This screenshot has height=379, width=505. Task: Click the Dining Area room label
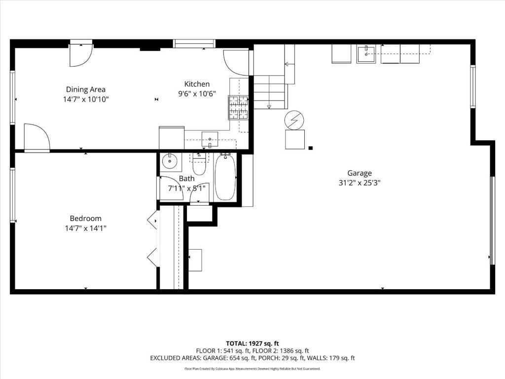(x=86, y=89)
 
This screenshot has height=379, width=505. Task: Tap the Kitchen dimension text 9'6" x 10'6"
(x=197, y=94)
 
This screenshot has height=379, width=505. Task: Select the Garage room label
(x=359, y=173)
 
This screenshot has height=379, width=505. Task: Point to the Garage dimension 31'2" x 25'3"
(x=359, y=182)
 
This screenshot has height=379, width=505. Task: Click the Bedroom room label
(x=85, y=219)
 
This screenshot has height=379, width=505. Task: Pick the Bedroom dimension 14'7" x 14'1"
(x=85, y=228)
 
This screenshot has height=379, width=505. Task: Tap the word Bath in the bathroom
(x=186, y=179)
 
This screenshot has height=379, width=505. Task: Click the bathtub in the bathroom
(x=225, y=177)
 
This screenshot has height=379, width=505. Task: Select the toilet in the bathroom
(x=199, y=163)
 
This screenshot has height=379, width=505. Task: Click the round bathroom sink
(x=170, y=160)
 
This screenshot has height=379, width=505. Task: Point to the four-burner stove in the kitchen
(x=238, y=108)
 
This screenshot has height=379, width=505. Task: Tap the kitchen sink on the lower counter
(x=210, y=140)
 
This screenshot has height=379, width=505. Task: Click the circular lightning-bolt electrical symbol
(x=294, y=119)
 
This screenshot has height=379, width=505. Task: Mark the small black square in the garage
(x=310, y=148)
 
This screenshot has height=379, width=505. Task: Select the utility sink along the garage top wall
(x=366, y=54)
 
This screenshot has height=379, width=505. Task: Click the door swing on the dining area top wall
(x=80, y=55)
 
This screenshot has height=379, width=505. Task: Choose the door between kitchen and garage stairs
(x=237, y=62)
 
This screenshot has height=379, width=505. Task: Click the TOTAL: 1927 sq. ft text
(x=252, y=343)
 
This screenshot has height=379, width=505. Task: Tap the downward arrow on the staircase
(x=269, y=106)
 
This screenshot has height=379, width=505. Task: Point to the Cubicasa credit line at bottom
(x=252, y=369)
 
